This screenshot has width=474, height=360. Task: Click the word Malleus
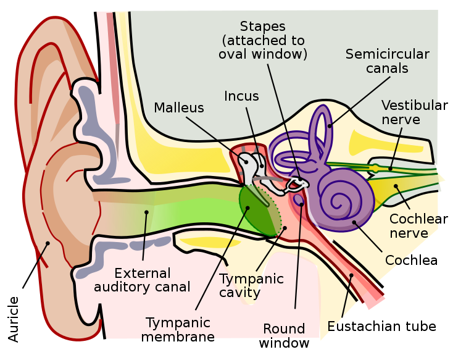178,107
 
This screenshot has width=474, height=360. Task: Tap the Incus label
241,96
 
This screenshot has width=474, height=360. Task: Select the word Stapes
263,27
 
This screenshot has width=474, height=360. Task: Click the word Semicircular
387,54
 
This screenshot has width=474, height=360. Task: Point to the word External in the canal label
143,273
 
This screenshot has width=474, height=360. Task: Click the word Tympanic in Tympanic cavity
251,278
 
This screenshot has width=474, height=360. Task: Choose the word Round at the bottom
284,329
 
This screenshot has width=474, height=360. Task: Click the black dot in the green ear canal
147,213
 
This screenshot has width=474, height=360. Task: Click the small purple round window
299,200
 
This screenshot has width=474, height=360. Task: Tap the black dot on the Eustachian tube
352,276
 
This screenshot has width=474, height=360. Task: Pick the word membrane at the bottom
178,337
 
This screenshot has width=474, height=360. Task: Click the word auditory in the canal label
143,287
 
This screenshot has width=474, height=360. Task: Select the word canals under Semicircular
387,68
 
